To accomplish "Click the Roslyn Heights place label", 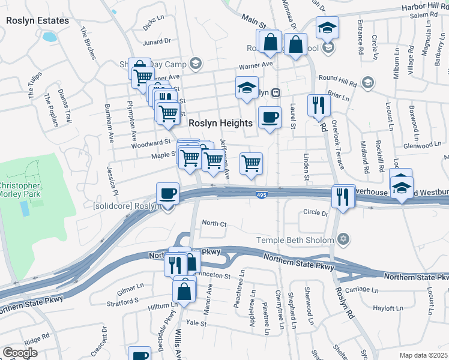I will (x=220, y=122).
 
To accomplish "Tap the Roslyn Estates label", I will (x=37, y=20).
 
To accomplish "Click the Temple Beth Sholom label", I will (x=295, y=240).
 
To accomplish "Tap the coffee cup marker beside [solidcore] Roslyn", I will (x=167, y=194).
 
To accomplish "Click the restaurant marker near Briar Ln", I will (x=319, y=106).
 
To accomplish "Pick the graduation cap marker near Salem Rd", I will (x=328, y=28).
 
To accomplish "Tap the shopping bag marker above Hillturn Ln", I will (x=184, y=291).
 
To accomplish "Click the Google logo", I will (x=20, y=353).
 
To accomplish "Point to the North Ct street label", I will (x=214, y=223).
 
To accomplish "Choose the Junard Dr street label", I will (x=157, y=41).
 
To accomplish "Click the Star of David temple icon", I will (x=343, y=239).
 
